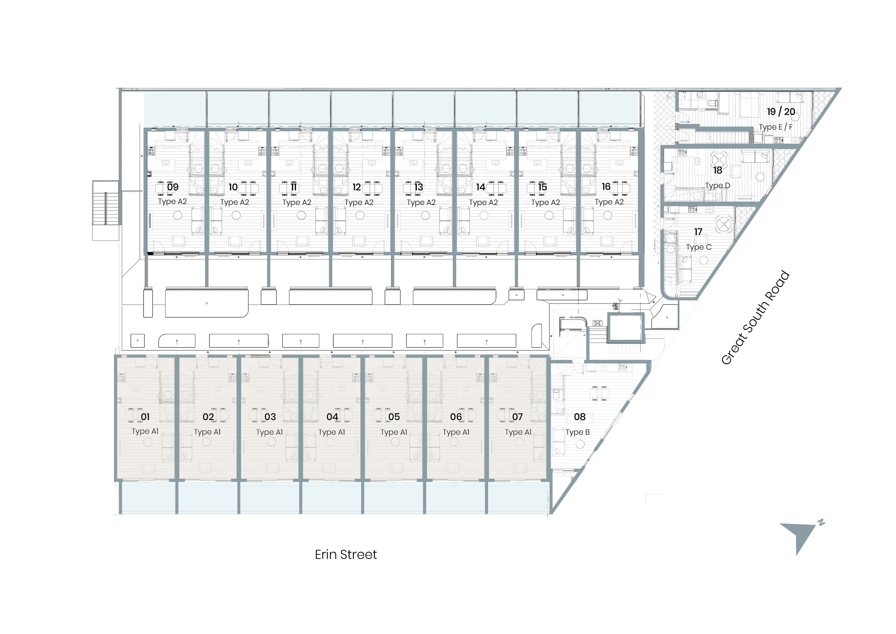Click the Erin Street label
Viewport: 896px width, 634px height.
pyautogui.click(x=346, y=555)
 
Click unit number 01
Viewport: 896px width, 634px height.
pyautogui.click(x=145, y=417)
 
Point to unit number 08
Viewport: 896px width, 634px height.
pyautogui.click(x=580, y=417)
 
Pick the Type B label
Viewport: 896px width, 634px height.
pyautogui.click(x=577, y=432)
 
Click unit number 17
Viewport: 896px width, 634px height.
pyautogui.click(x=698, y=232)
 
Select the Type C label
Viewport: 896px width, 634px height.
pyautogui.click(x=699, y=247)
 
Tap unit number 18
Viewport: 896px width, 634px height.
pyautogui.click(x=718, y=170)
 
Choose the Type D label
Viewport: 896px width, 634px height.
pyautogui.click(x=717, y=186)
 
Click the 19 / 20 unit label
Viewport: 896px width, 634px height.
pyautogui.click(x=781, y=112)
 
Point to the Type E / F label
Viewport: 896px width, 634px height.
pyautogui.click(x=776, y=127)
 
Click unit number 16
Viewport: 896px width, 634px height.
pyautogui.click(x=606, y=186)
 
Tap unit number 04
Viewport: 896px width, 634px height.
pyautogui.click(x=332, y=417)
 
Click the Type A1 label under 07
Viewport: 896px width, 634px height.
pyautogui.click(x=518, y=432)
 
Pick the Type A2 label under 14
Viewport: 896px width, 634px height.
pyautogui.click(x=483, y=202)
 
